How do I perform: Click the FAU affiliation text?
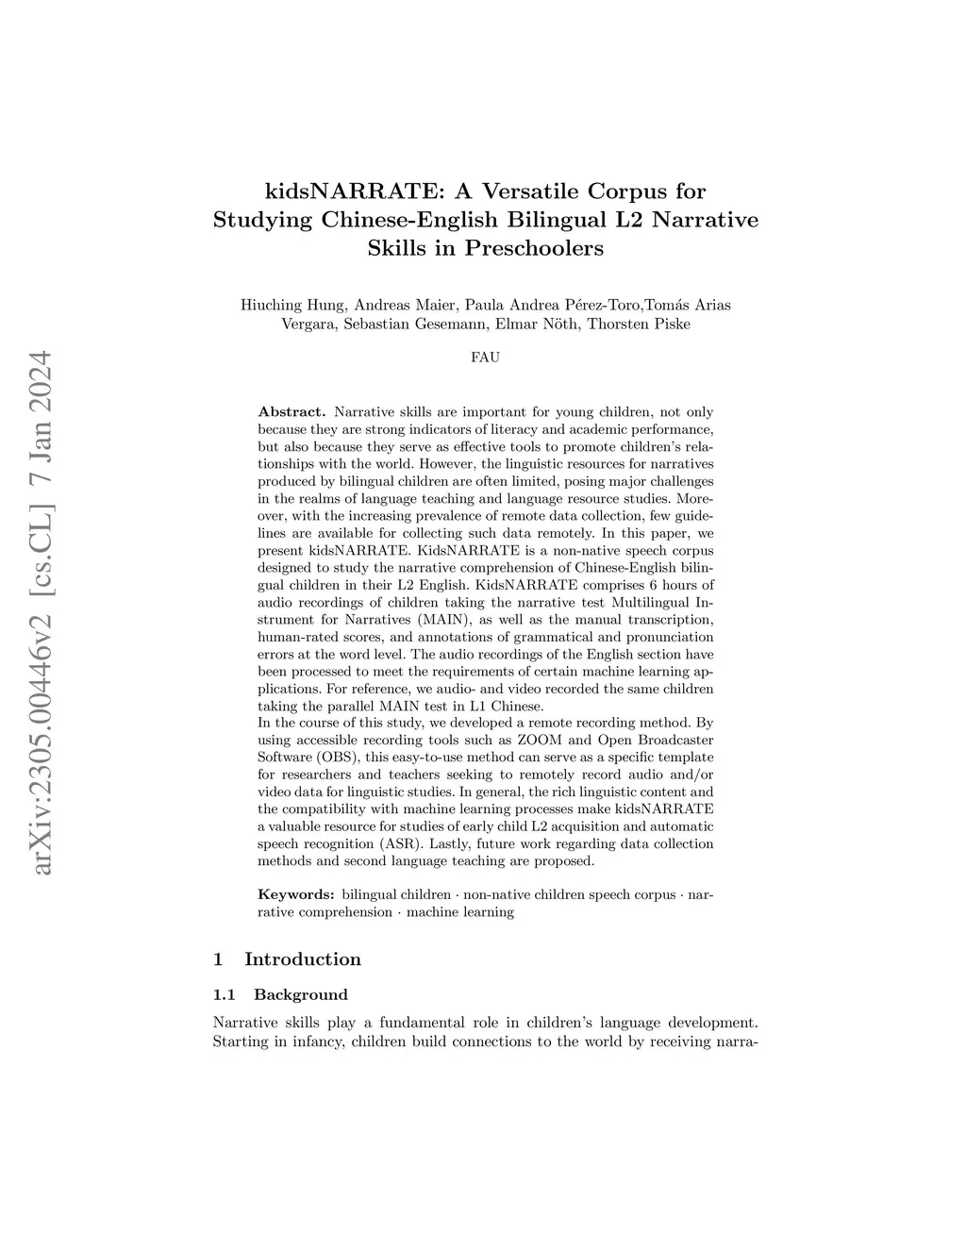[485, 358]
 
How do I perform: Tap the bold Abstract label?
[291, 412]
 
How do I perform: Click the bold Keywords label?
[296, 893]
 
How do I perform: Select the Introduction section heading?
[302, 959]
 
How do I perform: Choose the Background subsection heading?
[301, 994]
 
